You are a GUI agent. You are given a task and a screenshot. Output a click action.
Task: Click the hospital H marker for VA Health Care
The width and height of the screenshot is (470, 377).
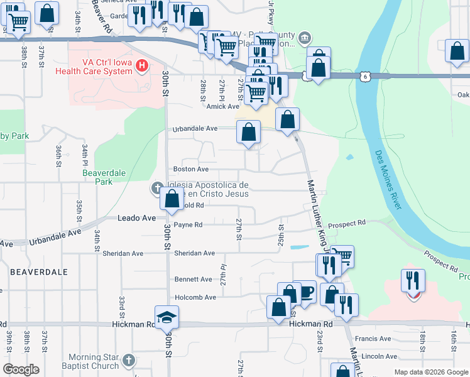click(x=143, y=65)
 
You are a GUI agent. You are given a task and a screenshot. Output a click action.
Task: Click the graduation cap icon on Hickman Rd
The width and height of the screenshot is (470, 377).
click(x=167, y=317)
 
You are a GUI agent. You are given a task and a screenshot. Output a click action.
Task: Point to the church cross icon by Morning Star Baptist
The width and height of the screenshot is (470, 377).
click(x=128, y=361)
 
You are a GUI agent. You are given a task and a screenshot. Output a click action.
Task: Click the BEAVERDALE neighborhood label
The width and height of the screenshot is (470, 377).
click(x=39, y=271)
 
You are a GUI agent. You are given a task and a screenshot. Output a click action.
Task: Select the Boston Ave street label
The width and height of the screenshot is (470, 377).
click(x=190, y=169)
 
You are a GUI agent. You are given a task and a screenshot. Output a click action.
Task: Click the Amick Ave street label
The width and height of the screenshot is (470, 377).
click(x=224, y=106)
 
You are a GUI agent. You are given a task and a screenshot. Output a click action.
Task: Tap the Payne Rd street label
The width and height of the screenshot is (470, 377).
click(x=188, y=224)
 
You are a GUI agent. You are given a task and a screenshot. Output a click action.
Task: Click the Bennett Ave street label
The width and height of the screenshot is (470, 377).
click(x=193, y=278)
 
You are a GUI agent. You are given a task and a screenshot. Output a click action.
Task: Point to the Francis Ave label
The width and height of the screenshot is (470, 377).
click(x=373, y=339)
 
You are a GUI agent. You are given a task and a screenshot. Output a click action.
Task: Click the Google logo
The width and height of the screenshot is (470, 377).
click(x=21, y=369)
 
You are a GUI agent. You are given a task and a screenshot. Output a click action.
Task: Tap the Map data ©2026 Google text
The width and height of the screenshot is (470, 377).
click(x=430, y=372)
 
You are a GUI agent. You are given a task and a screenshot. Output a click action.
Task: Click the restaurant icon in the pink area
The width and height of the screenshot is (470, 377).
click(x=413, y=281)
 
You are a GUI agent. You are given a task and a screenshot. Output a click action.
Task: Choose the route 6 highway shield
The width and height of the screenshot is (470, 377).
click(x=364, y=76)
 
